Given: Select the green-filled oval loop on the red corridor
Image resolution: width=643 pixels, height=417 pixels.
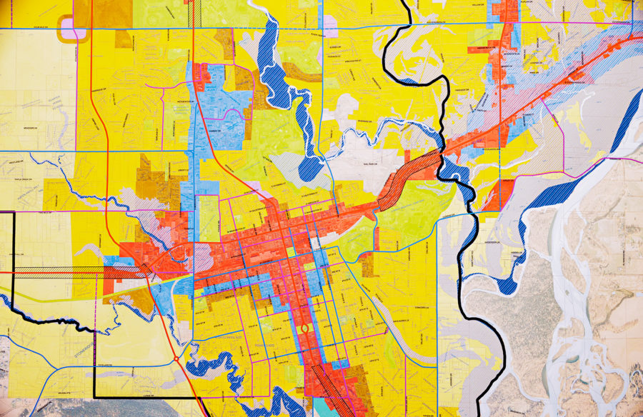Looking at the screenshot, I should (304, 329).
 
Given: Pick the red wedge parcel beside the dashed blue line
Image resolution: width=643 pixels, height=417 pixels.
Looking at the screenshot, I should (492, 193).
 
